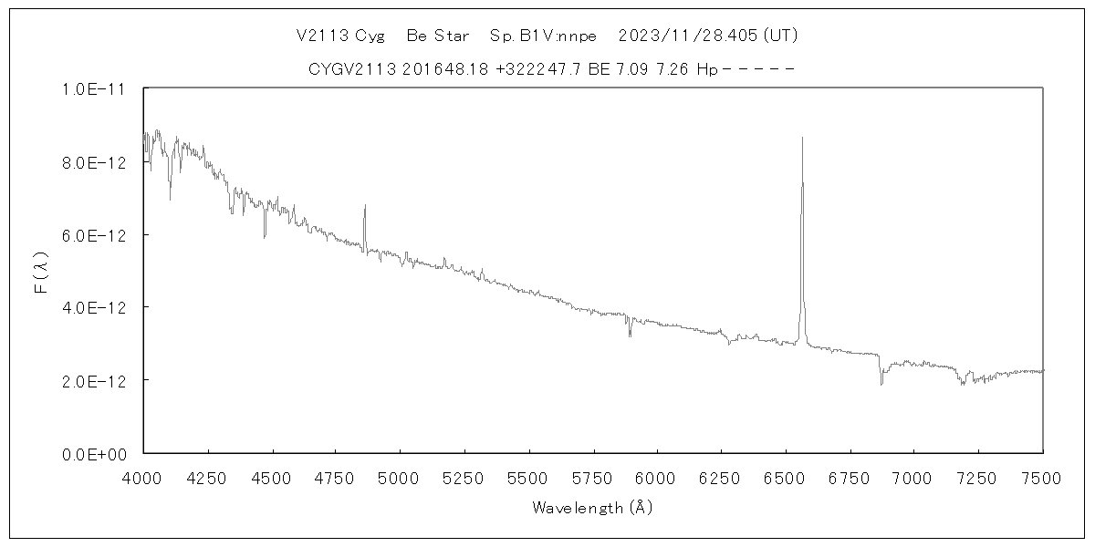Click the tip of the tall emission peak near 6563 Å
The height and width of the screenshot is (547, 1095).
[802, 138]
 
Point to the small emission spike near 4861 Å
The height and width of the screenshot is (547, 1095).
[364, 206]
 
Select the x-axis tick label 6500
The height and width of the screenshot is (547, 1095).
[785, 477]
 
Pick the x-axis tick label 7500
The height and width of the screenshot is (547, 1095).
[1042, 477]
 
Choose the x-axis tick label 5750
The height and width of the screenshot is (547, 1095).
[592, 477]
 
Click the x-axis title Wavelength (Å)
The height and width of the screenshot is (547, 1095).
[592, 508]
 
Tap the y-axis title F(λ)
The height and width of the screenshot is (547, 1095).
[41, 272]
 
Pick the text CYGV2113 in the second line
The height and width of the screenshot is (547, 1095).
[351, 68]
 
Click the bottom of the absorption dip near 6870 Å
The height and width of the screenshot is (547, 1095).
[881, 385]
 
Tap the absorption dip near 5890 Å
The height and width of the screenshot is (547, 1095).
[630, 335]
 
